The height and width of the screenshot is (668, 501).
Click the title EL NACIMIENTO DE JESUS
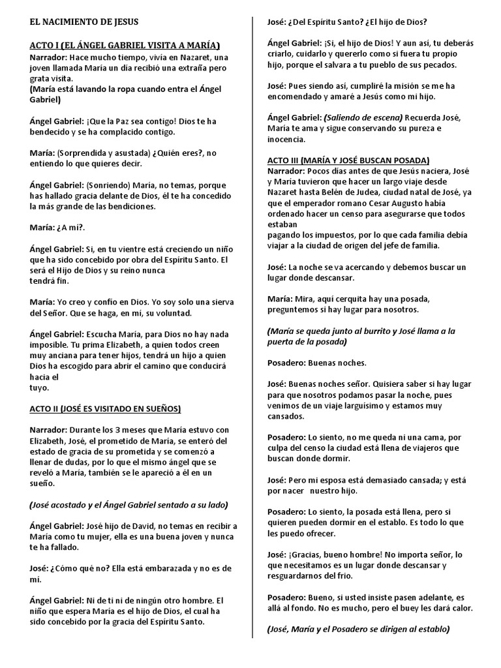click(84, 22)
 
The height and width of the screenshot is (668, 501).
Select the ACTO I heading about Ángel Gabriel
click(125, 46)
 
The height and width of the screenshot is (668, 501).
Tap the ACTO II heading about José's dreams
click(105, 409)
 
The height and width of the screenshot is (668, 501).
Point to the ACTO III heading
click(348, 160)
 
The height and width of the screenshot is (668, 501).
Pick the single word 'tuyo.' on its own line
click(40, 387)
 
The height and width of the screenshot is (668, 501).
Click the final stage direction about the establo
click(359, 630)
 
